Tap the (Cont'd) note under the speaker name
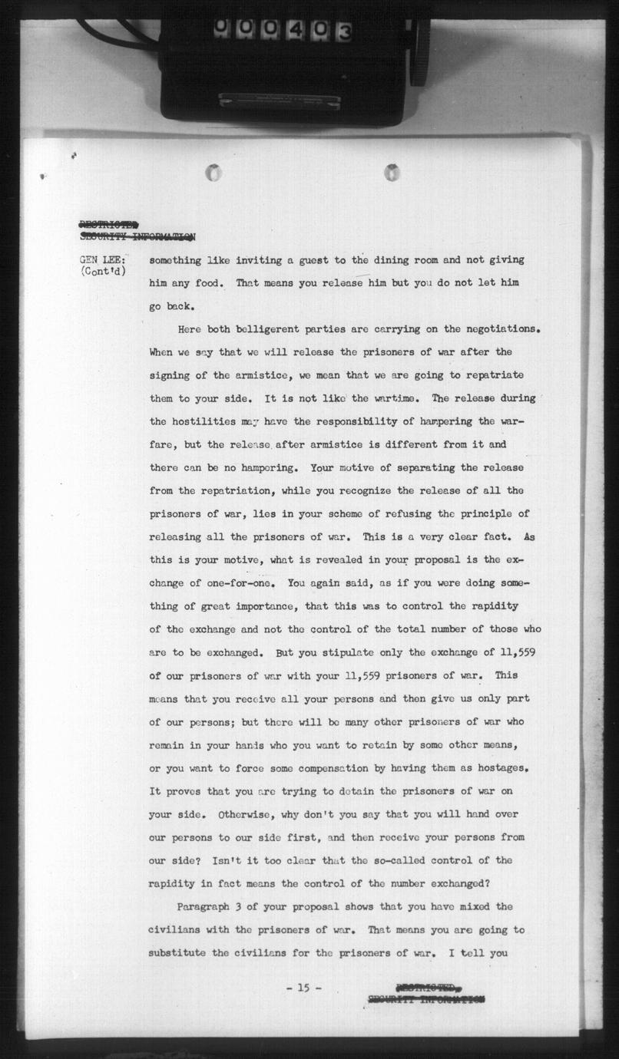[103, 272]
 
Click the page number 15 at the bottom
[303, 988]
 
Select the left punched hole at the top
[214, 173]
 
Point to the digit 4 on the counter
[295, 31]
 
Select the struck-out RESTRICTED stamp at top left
[108, 224]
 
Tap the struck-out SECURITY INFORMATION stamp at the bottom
[425, 999]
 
